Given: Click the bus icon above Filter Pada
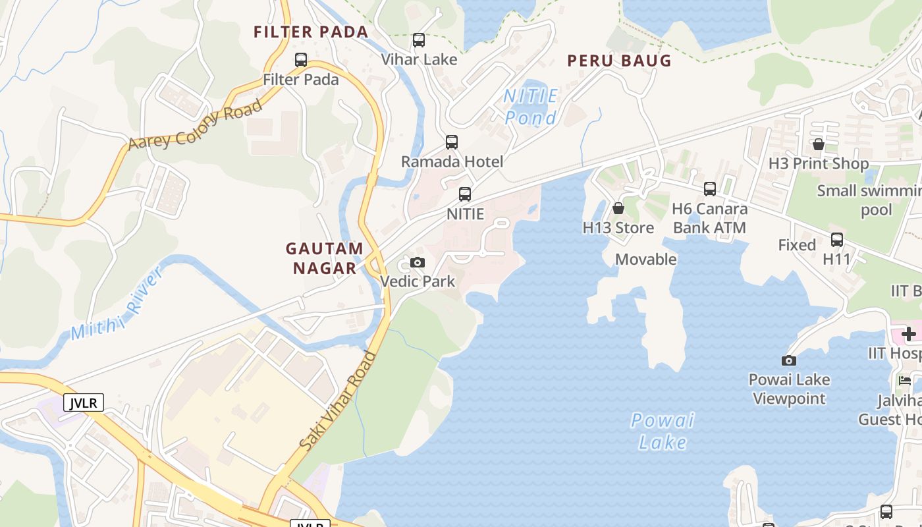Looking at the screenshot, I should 301,60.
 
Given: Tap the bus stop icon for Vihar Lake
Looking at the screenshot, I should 419,40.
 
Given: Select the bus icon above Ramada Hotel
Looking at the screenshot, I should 452,142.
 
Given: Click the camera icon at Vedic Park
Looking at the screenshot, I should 418,262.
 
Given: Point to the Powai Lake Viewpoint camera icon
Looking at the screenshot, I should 789,360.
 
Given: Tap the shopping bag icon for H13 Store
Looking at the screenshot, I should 618,208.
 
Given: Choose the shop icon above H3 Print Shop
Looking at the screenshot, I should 819,144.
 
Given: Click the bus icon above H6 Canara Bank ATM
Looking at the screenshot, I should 710,189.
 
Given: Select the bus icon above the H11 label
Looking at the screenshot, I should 837,240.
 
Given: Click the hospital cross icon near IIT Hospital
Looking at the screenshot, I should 909,334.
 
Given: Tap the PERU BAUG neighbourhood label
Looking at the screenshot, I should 619,61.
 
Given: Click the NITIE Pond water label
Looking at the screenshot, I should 531,107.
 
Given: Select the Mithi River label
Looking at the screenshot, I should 117,304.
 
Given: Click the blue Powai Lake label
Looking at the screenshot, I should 663,431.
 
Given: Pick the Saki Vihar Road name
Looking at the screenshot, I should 338,402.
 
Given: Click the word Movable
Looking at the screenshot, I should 645,260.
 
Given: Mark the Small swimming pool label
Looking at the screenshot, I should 868,200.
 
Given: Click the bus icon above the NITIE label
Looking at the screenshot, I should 465,194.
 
